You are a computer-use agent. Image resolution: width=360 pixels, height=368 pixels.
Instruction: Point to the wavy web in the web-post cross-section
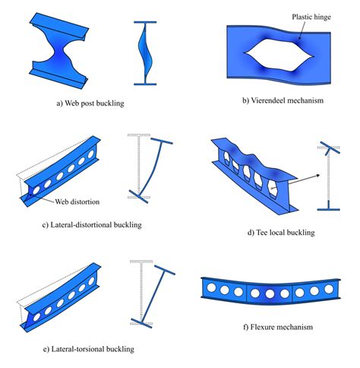click(x=144, y=52)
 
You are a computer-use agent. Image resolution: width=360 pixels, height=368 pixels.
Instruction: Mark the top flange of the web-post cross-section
click(x=144, y=22)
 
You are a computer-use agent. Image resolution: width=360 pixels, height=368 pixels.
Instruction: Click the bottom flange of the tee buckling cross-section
click(x=329, y=206)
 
